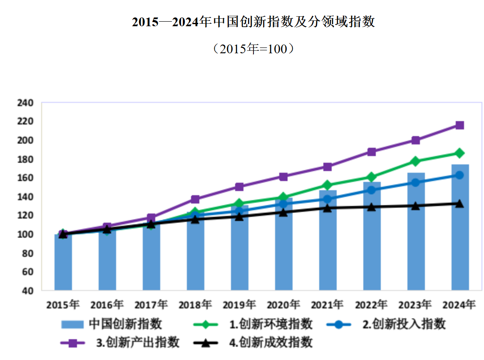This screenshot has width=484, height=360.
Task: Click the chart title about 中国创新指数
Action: (x=253, y=22)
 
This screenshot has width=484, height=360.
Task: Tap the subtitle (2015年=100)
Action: (x=253, y=49)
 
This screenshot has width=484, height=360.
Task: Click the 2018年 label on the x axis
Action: (x=195, y=305)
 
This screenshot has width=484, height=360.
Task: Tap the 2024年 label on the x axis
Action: (x=459, y=305)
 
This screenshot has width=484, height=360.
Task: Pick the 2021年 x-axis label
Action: (x=327, y=305)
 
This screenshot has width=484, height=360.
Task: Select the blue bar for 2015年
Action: (x=63, y=262)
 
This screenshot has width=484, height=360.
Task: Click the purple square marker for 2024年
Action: (x=459, y=125)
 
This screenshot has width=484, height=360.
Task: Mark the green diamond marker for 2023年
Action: (x=415, y=161)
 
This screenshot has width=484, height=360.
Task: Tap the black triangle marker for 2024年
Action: (x=459, y=204)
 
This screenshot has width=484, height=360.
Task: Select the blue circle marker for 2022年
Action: (x=372, y=190)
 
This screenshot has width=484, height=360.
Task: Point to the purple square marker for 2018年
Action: (x=195, y=199)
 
